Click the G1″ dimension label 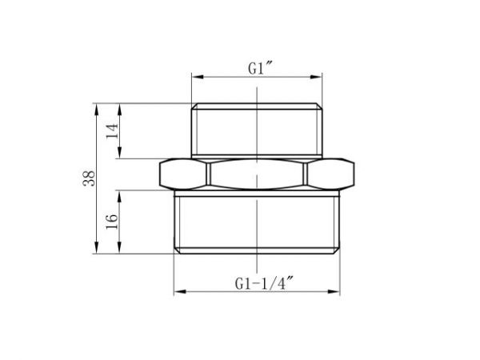click(256, 69)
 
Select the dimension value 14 click(112, 130)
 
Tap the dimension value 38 click(90, 178)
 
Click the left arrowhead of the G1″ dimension click(194, 78)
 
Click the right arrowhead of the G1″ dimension click(321, 78)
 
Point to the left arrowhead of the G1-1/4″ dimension click(178, 290)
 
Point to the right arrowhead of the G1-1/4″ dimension click(337, 290)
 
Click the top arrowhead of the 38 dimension click(98, 106)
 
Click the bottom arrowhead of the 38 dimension click(98, 250)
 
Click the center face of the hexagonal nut click(257, 173)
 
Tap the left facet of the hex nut click(184, 173)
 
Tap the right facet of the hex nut click(331, 173)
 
